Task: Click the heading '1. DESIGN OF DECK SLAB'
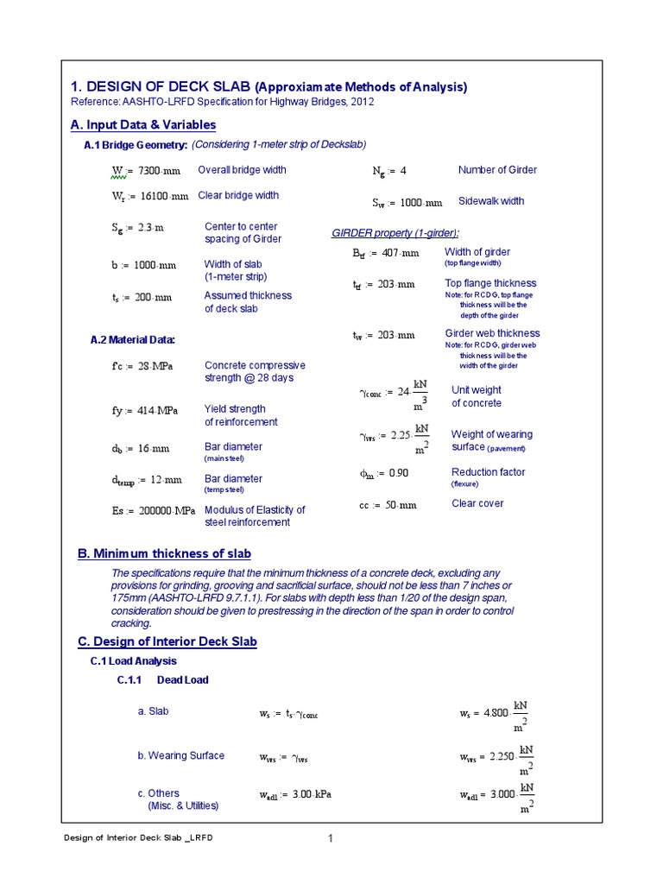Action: tap(159, 86)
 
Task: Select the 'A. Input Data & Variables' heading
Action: tap(142, 126)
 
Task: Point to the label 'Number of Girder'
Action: tap(497, 170)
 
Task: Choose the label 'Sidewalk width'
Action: tap(490, 201)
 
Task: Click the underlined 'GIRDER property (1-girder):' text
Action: tap(395, 234)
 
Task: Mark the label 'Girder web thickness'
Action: tap(492, 333)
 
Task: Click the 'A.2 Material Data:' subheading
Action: tap(132, 341)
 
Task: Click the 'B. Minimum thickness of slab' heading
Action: tap(164, 553)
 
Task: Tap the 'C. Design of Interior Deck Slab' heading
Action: tap(167, 642)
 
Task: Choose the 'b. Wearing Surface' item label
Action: tap(180, 755)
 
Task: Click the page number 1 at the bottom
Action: tap(330, 839)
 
